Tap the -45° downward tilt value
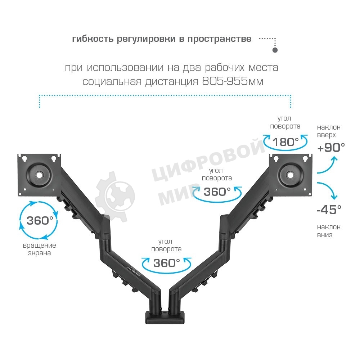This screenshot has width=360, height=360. click(x=329, y=210)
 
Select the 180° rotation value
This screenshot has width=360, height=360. click(x=285, y=142)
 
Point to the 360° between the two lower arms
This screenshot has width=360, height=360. click(x=166, y=263)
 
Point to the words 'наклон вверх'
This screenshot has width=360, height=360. click(x=328, y=131)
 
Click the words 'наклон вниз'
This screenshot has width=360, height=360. click(x=329, y=231)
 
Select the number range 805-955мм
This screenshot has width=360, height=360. click(x=233, y=82)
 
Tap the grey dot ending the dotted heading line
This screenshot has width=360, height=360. click(x=275, y=50)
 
